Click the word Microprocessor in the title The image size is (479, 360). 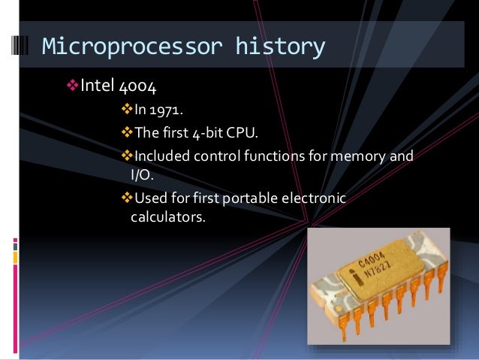pyautogui.click(x=133, y=47)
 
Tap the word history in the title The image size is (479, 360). pyautogui.click(x=281, y=47)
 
